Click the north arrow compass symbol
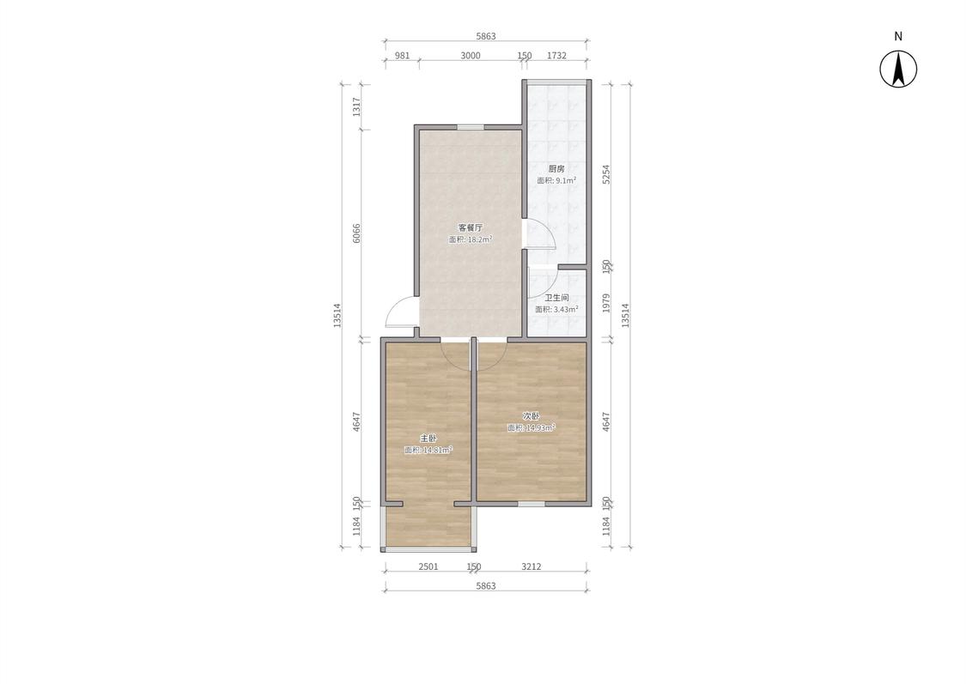pyautogui.click(x=897, y=69)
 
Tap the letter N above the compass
pyautogui.click(x=898, y=36)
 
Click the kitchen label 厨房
pyautogui.click(x=556, y=169)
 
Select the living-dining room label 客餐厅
pyautogui.click(x=470, y=227)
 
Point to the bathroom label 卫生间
pyautogui.click(x=556, y=298)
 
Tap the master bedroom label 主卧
pyautogui.click(x=428, y=439)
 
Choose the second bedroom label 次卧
pyautogui.click(x=531, y=416)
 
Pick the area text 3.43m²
pyautogui.click(x=566, y=309)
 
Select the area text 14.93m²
pyautogui.click(x=540, y=427)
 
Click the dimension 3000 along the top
pyautogui.click(x=470, y=56)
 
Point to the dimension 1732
pyautogui.click(x=556, y=56)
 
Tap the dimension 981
pyautogui.click(x=402, y=56)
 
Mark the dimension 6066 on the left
pyautogui.click(x=356, y=233)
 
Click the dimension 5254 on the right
pyautogui.click(x=606, y=174)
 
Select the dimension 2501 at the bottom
pyautogui.click(x=428, y=566)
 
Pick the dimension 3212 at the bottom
pyautogui.click(x=531, y=566)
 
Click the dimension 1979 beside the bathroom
pyautogui.click(x=606, y=303)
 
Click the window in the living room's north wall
pyautogui.click(x=470, y=127)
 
